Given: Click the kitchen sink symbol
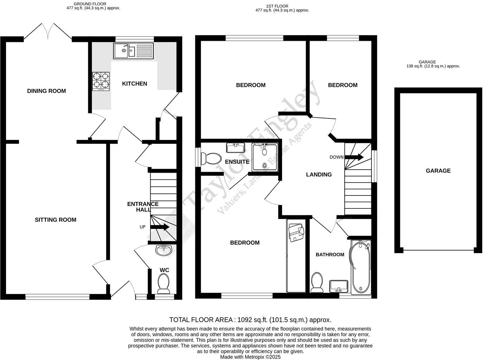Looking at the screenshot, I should point(133,51).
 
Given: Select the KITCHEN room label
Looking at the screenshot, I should point(134,84).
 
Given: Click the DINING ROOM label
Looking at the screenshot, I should point(46,91).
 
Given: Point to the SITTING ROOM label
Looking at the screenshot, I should point(56,220).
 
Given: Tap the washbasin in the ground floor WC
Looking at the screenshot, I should point(163,251).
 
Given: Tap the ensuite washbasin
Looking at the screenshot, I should point(236,147).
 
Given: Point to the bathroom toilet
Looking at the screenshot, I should point(317,283).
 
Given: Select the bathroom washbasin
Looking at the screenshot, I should point(339,286).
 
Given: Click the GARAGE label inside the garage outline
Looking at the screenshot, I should point(438,171).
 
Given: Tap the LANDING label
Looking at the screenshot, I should point(319,175).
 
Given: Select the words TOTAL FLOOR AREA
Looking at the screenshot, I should point(201,320).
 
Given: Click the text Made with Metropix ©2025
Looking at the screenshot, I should point(250,357).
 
